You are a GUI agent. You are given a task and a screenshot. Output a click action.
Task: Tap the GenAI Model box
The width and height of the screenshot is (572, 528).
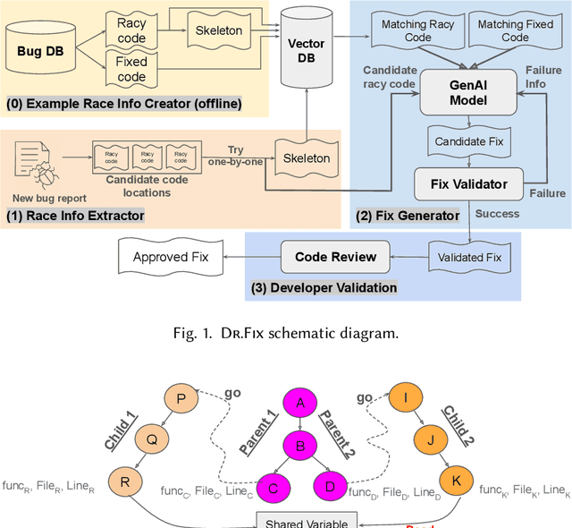coord(467,91)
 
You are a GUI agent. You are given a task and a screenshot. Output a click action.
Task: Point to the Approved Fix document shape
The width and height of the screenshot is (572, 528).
coord(170,258)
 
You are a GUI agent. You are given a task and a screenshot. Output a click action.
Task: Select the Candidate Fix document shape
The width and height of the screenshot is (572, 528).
coord(467,141)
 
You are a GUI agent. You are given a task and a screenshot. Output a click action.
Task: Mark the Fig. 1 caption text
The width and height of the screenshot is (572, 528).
coord(285,333)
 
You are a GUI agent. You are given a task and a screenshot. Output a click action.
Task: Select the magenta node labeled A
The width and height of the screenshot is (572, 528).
coord(300,403)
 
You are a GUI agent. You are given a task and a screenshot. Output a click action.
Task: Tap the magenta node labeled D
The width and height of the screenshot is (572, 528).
coord(329,485)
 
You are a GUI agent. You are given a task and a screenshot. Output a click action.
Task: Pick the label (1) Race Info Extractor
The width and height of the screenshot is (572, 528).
coord(76,216)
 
